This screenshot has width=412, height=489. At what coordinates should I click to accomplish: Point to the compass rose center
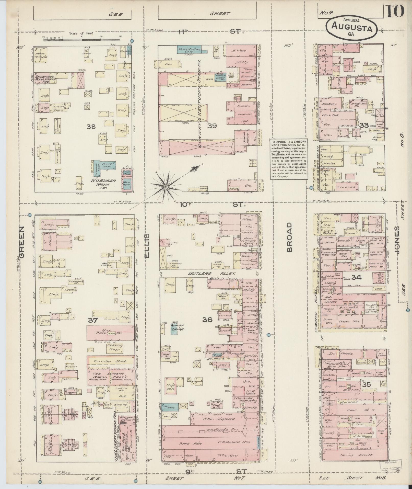click(x=166, y=187)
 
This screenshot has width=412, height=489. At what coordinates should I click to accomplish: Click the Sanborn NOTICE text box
click(x=289, y=159)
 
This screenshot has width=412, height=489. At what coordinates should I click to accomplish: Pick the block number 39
click(x=212, y=126)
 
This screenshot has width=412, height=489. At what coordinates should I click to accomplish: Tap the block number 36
click(x=207, y=319)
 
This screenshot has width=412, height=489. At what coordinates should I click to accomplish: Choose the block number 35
click(x=366, y=384)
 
